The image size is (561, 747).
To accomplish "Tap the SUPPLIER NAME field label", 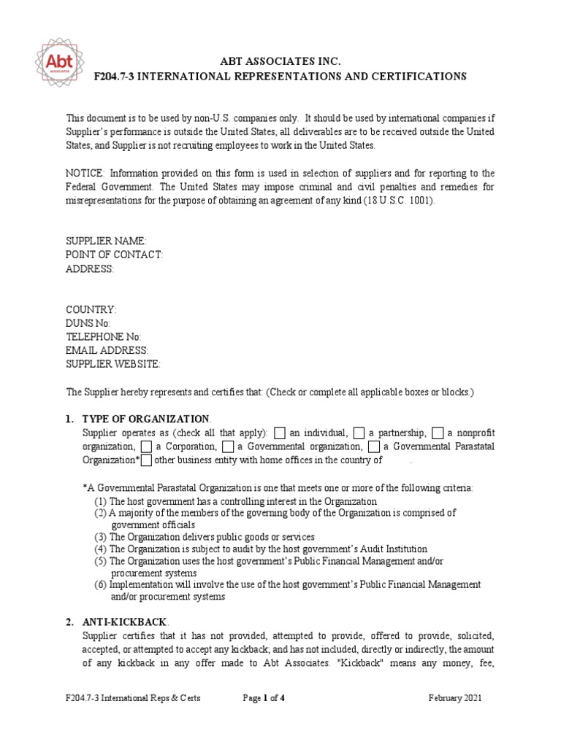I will pyautogui.click(x=106, y=241).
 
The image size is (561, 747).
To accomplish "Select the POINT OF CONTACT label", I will pyautogui.click(x=114, y=255).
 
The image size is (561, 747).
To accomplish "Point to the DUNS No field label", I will pyautogui.click(x=88, y=323).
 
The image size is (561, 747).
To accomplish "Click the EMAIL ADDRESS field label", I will pyautogui.click(x=107, y=351).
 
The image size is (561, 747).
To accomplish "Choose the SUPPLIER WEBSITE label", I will pyautogui.click(x=112, y=364).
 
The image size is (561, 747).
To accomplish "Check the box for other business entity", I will pyautogui.click(x=146, y=460).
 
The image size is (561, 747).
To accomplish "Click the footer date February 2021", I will pyautogui.click(x=455, y=698).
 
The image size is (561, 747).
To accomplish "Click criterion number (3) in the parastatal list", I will pyautogui.click(x=101, y=537).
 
